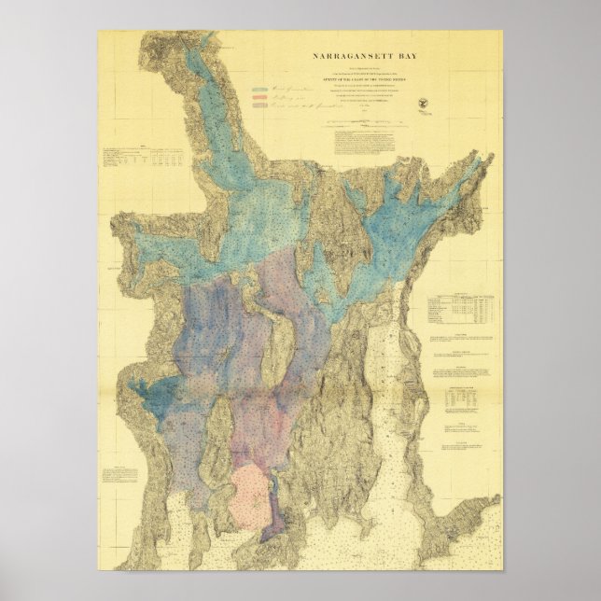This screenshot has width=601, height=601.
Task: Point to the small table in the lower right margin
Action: pos(463,397)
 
